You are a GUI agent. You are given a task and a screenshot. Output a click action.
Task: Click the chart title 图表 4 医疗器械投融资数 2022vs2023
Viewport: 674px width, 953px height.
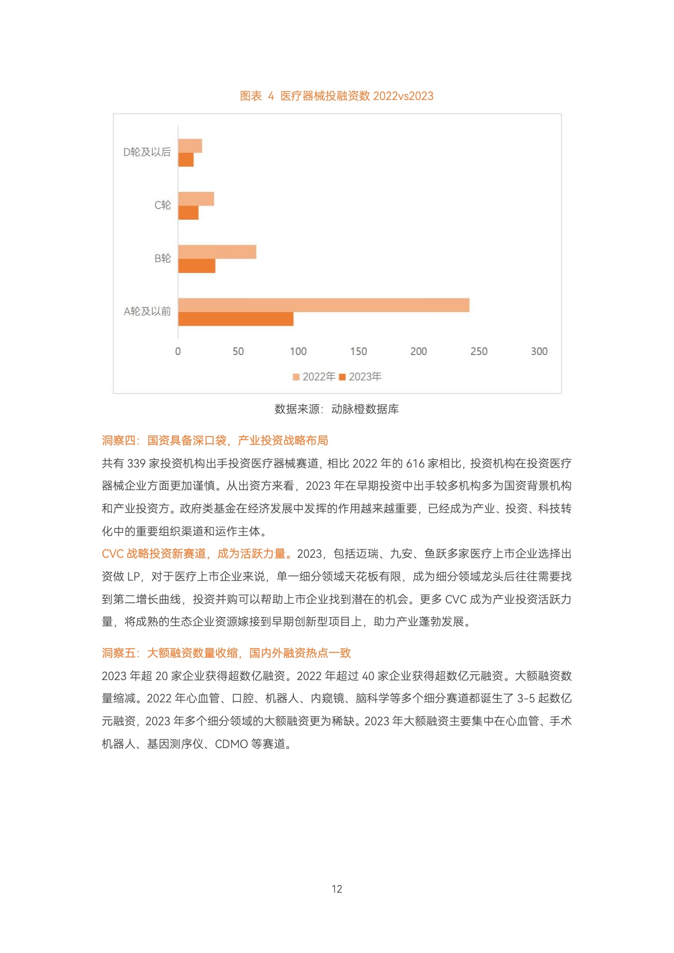(x=336, y=96)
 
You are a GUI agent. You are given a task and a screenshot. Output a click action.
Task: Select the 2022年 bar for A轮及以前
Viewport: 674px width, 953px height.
(x=323, y=305)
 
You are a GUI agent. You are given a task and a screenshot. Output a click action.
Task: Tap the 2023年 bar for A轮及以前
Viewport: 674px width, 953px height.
(x=235, y=319)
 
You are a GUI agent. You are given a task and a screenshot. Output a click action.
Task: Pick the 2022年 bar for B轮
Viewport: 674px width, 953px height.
(x=217, y=252)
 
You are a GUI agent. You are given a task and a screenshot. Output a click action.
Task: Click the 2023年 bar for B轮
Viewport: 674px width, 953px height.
(x=197, y=266)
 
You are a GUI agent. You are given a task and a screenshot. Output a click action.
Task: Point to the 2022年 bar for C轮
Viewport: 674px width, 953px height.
(x=196, y=199)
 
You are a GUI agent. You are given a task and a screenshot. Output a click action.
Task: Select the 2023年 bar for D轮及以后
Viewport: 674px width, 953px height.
(x=186, y=160)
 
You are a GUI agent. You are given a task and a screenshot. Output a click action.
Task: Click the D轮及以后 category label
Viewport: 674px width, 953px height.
(x=147, y=152)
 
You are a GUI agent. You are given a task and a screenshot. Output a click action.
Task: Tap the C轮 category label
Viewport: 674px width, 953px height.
(x=163, y=205)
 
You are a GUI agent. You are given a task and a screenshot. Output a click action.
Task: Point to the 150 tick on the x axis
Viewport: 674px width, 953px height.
(x=358, y=351)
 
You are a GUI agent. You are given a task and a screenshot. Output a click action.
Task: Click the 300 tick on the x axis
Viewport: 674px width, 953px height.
(x=539, y=351)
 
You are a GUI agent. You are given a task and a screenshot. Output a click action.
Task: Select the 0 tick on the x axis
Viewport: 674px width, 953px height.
(x=178, y=351)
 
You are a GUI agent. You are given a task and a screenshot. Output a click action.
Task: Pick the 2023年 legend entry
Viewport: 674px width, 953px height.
(x=360, y=377)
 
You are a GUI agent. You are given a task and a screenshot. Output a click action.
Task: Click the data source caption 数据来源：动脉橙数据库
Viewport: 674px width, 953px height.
(x=336, y=409)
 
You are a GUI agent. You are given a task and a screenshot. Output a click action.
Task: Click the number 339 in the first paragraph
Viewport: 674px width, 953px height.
(x=136, y=464)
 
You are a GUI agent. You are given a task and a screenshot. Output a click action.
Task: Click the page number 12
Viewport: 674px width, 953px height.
(x=337, y=889)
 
